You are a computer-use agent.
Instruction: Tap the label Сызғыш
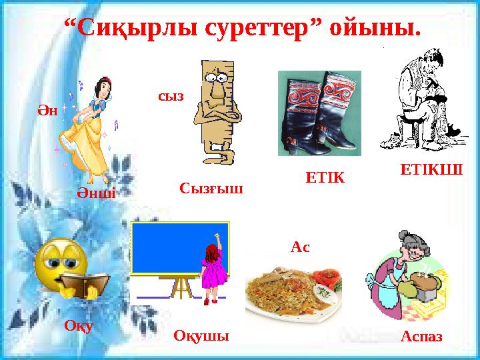pyautogui.click(x=211, y=189)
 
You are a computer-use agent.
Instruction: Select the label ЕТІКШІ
pyautogui.click(x=431, y=167)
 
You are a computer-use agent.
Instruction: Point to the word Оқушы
pyautogui.click(x=201, y=336)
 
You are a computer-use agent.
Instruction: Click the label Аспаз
pyautogui.click(x=422, y=337)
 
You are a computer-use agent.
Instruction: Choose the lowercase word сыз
pyautogui.click(x=171, y=96)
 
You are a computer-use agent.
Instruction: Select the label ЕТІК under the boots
pyautogui.click(x=324, y=177)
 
